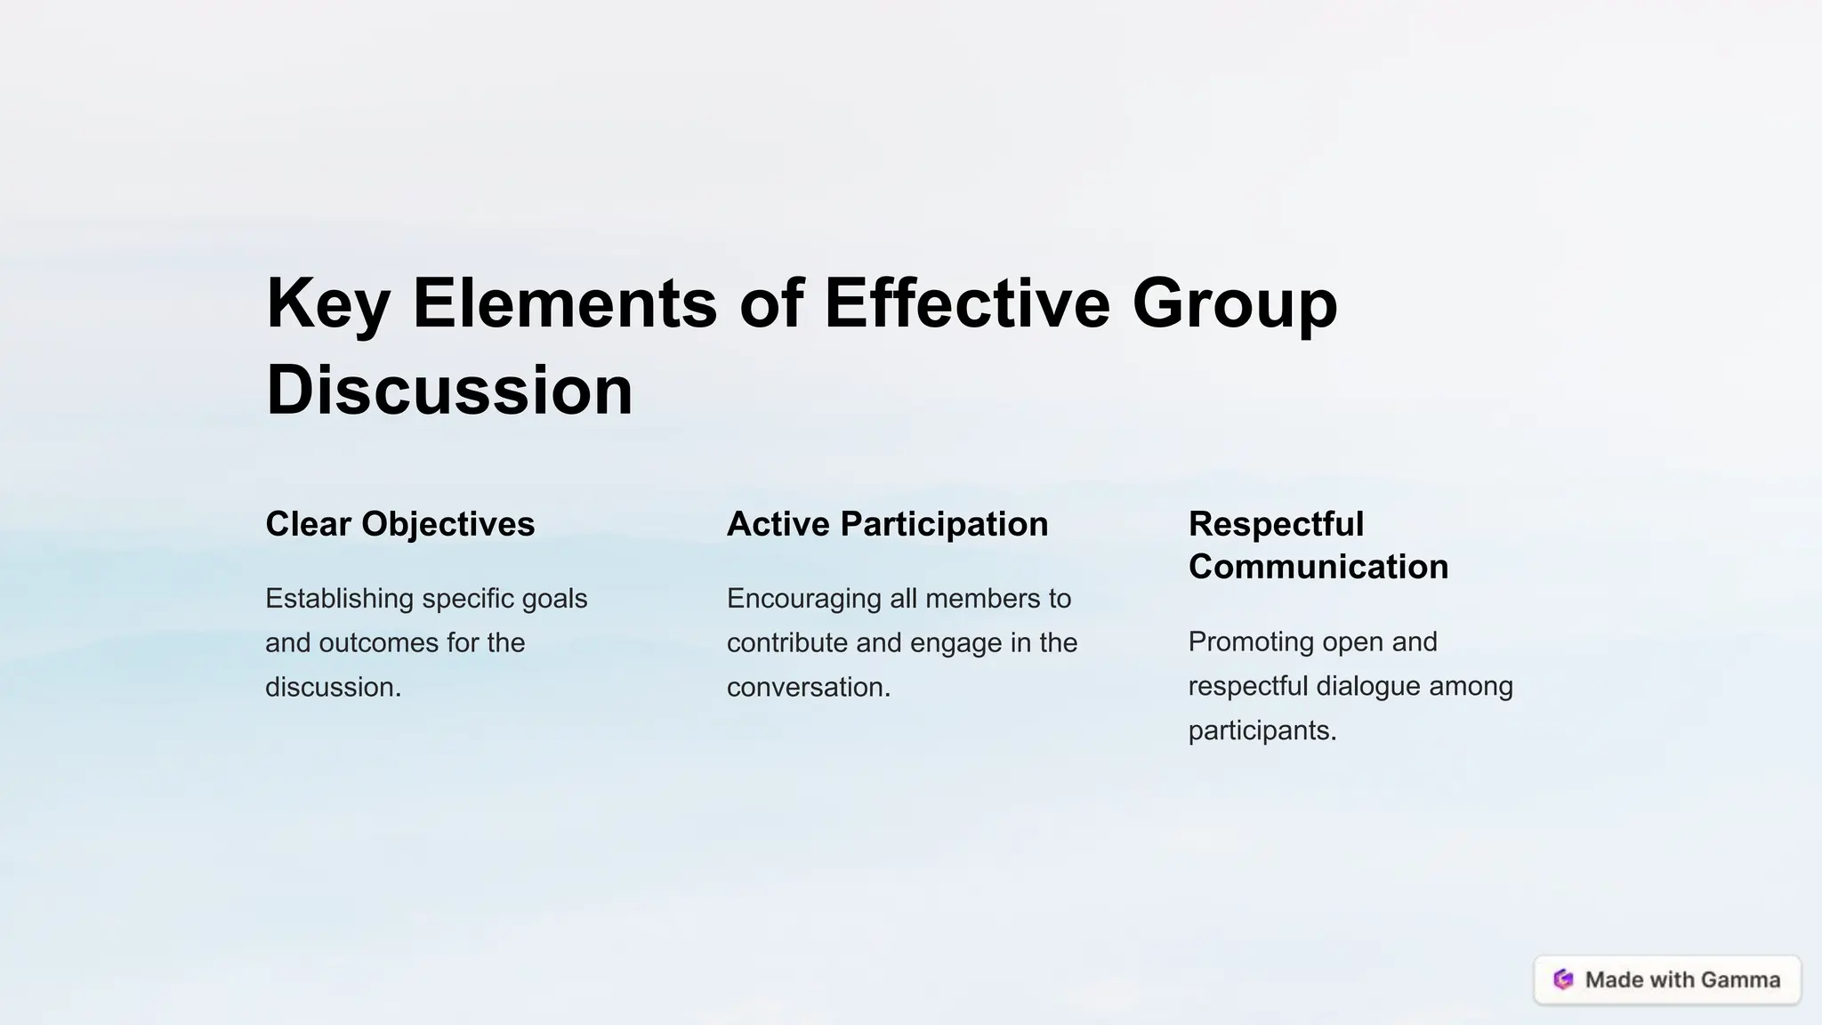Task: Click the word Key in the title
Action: tap(327, 303)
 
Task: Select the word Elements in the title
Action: tap(565, 303)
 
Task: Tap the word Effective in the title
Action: tap(967, 303)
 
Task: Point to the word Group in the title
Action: tap(1235, 303)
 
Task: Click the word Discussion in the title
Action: tap(449, 391)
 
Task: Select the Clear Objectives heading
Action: tap(400, 524)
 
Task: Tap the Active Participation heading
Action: tap(887, 524)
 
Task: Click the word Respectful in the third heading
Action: tap(1276, 524)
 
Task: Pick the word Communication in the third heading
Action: tap(1318, 567)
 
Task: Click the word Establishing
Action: tap(340, 599)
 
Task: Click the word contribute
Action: tap(786, 643)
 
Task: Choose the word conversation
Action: tap(808, 688)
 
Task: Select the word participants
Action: tap(1262, 730)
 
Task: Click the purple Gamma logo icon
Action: tap(1563, 980)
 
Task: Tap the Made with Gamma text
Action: tap(1682, 980)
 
